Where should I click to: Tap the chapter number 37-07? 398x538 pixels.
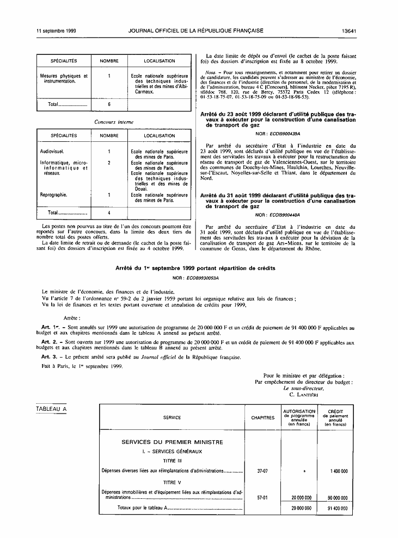coord(262,471)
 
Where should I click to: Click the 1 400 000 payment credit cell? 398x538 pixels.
coord(339,471)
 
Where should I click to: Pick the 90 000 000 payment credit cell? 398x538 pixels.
coord(338,497)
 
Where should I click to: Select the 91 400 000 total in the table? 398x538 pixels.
coord(338,508)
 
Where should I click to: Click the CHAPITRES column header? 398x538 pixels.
coord(262,417)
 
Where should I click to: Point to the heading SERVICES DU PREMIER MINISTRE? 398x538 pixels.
coord(172,442)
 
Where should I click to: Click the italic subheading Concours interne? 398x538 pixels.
coord(114,122)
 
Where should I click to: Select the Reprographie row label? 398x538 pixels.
coord(54,194)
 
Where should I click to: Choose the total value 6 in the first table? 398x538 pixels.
coord(109,104)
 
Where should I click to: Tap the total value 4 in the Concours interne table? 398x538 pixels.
coord(109,213)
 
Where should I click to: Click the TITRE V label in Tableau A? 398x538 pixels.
coord(172,482)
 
